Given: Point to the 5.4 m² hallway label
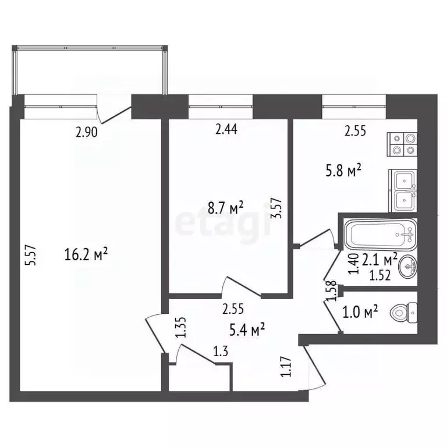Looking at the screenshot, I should pyautogui.click(x=247, y=330).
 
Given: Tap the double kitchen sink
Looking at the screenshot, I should pyautogui.click(x=403, y=191).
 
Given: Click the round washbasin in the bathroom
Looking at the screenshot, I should pyautogui.click(x=408, y=268).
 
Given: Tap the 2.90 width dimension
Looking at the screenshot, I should pyautogui.click(x=87, y=132).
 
